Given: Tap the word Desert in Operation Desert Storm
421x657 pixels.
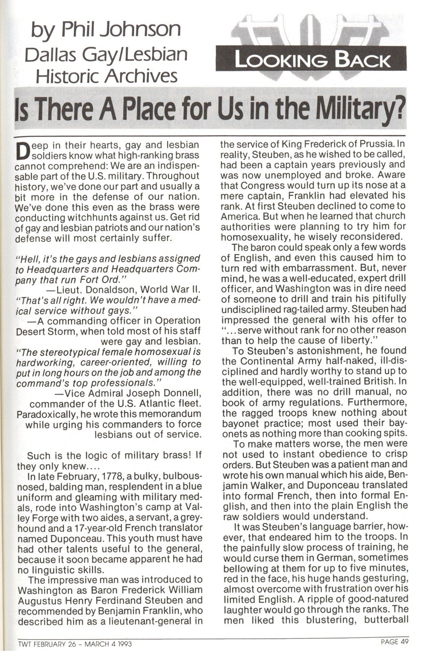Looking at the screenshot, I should pyautogui.click(x=33, y=331).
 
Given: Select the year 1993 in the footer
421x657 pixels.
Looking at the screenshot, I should pyautogui.click(x=124, y=644).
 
